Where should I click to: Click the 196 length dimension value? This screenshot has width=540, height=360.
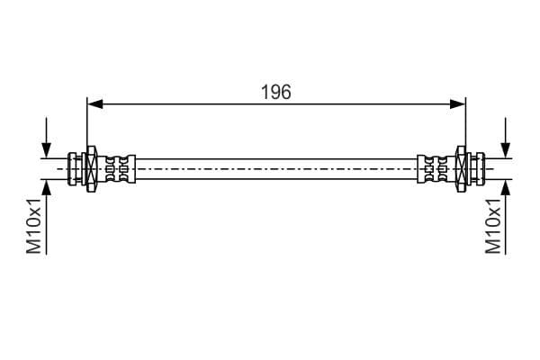click(x=276, y=92)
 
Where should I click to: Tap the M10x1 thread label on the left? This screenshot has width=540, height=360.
click(x=34, y=226)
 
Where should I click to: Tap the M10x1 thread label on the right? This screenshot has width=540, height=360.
click(x=493, y=226)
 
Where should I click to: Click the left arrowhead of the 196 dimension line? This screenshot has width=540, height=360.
click(x=95, y=103)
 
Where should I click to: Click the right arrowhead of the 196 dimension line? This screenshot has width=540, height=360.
click(x=458, y=103)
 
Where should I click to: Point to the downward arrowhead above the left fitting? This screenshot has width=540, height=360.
click(x=46, y=150)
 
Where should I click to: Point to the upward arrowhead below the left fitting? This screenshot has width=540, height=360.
click(x=46, y=187)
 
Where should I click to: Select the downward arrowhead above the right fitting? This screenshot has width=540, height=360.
click(x=506, y=150)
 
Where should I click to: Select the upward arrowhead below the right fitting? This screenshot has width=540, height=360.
click(x=506, y=187)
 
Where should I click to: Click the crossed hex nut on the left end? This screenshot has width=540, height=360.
click(x=91, y=169)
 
